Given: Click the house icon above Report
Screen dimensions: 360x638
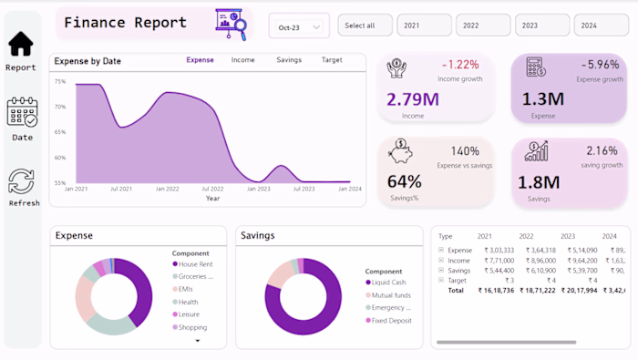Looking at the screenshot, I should pos(20,43).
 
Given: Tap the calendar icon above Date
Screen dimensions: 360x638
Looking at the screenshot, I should pos(22,112).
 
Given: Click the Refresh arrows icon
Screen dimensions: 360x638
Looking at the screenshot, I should pos(21,180).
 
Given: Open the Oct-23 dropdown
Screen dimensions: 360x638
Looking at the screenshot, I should pos(299,27).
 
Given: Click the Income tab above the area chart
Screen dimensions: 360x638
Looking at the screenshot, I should pos(242,60).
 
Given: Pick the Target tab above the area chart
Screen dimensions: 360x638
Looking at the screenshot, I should pos(332,60).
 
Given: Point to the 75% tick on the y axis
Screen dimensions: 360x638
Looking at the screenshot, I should pos(60,82).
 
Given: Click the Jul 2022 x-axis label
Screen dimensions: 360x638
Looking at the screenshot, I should pos(211,189).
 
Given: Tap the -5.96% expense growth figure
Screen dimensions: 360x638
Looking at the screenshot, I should pos(599,65).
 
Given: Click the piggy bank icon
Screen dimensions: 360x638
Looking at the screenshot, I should pos(398,149).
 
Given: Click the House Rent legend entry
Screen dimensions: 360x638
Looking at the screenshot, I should pos(194,264).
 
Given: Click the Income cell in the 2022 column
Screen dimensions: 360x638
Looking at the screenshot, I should pos(538,260).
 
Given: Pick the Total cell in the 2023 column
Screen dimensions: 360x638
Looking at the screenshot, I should pos(579,290).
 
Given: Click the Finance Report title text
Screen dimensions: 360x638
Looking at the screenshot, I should pos(125,23).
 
